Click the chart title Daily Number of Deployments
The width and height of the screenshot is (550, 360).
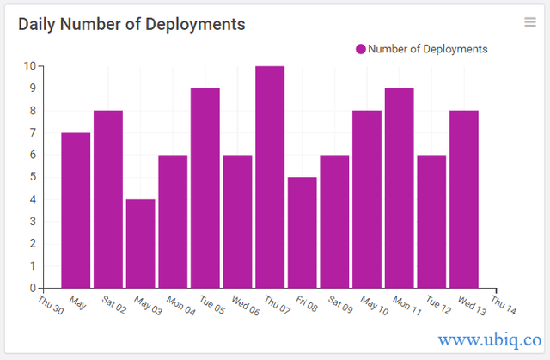131,24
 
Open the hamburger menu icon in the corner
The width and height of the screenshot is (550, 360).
530,22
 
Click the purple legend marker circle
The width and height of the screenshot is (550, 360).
361,49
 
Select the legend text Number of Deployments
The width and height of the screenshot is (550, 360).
427,49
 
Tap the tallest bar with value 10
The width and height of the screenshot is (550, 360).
270,176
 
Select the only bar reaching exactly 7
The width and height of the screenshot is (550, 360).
76,211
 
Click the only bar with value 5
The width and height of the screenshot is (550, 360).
302,232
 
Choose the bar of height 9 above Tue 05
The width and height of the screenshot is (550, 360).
205,188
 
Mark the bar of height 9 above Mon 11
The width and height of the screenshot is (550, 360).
399,188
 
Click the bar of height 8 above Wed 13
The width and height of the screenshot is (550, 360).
463,199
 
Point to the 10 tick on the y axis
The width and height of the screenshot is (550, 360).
29,66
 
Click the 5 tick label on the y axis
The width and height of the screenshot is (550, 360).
32,177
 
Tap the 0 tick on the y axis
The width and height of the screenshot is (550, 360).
32,288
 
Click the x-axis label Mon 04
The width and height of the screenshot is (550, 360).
179,304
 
